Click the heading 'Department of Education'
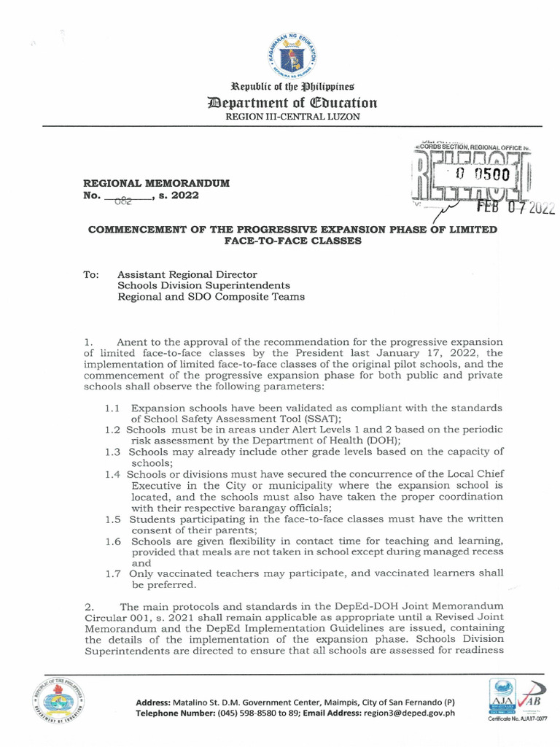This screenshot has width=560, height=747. [292, 103]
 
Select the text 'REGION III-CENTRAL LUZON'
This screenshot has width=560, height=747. [292, 117]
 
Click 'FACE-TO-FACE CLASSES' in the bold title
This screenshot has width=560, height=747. [292, 241]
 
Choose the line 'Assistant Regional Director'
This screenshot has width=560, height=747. [187, 274]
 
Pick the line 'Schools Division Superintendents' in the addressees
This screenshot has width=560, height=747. [204, 285]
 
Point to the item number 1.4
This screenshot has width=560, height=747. [113, 474]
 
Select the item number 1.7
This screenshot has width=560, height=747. [113, 573]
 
